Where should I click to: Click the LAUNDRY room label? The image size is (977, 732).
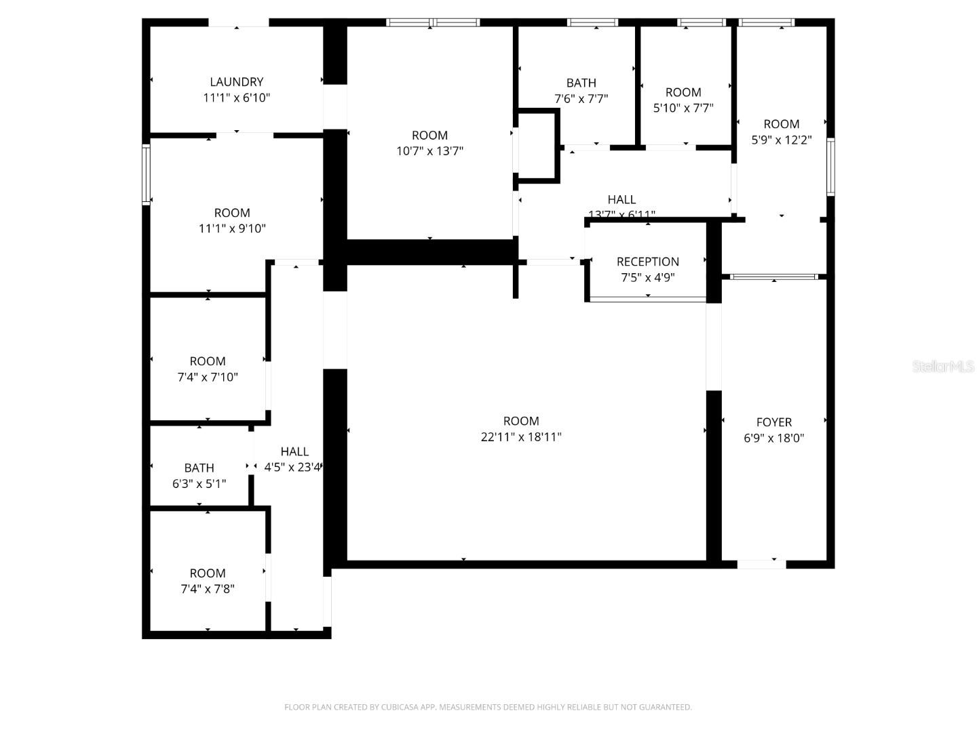pos(236,82)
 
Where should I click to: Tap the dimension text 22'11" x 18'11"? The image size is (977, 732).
pos(521,437)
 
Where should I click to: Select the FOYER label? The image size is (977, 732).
pos(774,422)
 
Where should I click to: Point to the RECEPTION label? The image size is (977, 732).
pos(647,262)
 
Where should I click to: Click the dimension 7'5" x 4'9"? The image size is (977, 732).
pos(647,277)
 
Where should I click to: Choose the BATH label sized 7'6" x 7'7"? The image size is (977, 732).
pos(581,83)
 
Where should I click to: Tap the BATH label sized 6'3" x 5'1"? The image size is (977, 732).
pos(199,468)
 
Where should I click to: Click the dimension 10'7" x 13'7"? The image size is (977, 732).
pos(429,151)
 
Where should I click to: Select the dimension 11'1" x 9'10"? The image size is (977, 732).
pos(232,229)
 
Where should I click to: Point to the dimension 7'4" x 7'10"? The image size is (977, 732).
pos(208,378)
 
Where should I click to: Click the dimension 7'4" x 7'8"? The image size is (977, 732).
pos(208,589)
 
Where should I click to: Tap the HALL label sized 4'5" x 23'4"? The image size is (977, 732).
pos(294,451)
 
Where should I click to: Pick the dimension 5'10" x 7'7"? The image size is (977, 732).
pos(683,108)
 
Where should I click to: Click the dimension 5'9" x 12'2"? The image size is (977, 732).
pos(781,140)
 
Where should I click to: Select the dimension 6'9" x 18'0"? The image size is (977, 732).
pos(774,438)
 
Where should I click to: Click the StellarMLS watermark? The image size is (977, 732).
pos(943,367)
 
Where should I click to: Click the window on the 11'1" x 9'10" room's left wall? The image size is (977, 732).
pos(146,174)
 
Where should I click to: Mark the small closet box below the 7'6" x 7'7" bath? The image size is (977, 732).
pos(537,146)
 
